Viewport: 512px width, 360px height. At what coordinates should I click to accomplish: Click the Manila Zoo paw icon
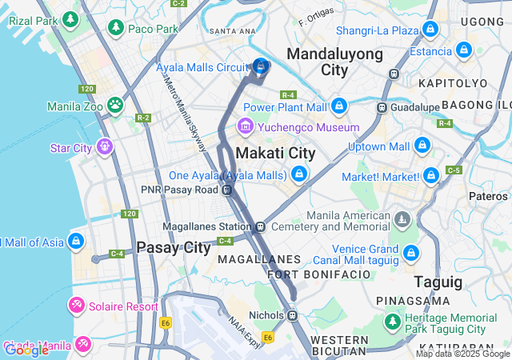click(116, 104)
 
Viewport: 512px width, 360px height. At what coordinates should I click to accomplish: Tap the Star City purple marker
click(104, 147)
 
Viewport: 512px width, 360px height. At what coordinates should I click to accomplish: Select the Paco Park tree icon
click(116, 28)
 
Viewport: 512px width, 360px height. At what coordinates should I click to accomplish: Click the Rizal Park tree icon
click(70, 18)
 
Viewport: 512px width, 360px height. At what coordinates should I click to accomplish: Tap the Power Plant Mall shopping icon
click(340, 106)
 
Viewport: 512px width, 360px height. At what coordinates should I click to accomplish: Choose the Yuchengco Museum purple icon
click(245, 126)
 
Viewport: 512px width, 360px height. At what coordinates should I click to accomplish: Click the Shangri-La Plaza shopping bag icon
click(431, 30)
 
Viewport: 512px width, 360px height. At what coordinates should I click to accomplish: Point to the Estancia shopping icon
click(464, 51)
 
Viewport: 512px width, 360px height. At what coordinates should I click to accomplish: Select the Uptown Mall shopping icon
click(422, 146)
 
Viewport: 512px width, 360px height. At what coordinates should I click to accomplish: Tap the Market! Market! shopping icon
click(431, 175)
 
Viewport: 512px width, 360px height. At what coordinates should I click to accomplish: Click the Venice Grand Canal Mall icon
click(411, 254)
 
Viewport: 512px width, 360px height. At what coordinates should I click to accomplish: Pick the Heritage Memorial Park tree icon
click(392, 322)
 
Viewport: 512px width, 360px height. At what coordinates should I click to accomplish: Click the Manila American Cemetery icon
click(402, 218)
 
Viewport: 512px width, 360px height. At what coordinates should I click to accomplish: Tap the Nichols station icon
click(294, 314)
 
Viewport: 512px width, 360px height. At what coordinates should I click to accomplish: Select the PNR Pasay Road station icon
click(228, 190)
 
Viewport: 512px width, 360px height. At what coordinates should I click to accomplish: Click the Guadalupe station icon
click(383, 106)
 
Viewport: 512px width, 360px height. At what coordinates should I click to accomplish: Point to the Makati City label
click(275, 153)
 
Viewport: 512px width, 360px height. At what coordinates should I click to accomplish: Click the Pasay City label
click(173, 247)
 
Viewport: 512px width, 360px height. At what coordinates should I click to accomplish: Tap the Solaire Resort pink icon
click(77, 306)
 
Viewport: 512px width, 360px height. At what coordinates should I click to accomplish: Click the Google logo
click(26, 350)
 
